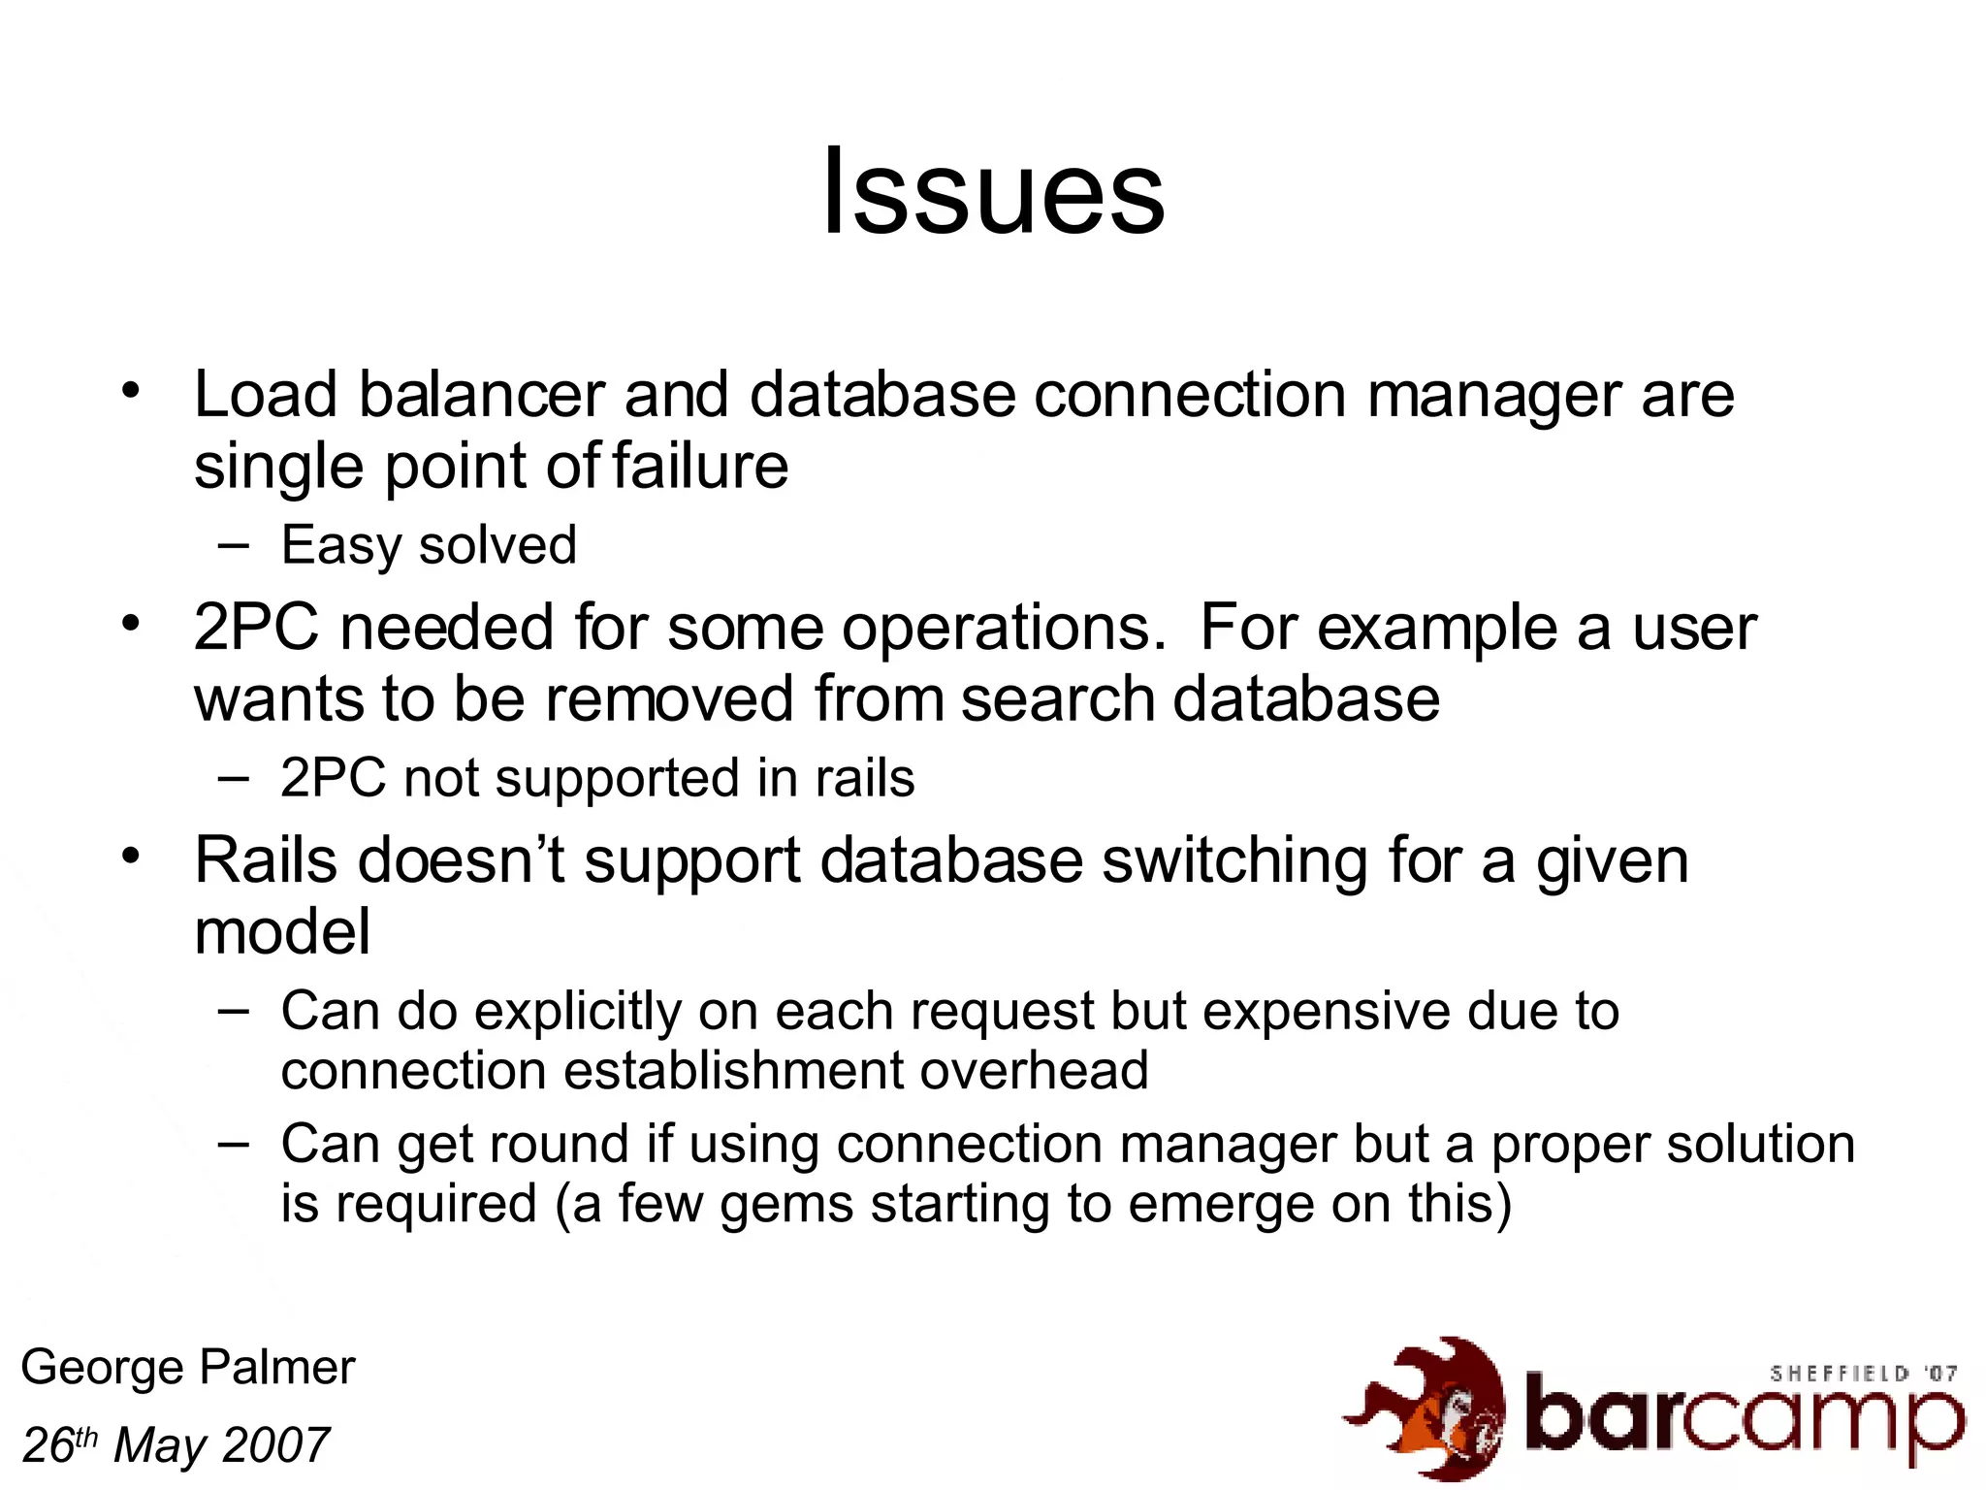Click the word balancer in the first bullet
click(481, 396)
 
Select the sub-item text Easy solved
click(429, 545)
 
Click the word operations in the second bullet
click(1003, 629)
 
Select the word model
click(282, 932)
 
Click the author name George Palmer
click(188, 1368)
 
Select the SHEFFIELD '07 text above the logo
click(1863, 1374)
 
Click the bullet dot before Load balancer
click(131, 392)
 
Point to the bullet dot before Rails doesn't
click(131, 857)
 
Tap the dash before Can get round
click(234, 1143)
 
